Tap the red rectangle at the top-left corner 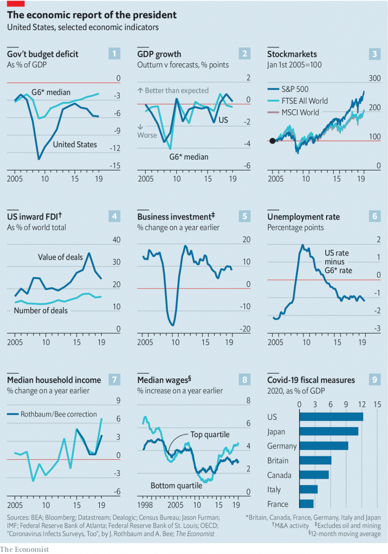pos(13,3)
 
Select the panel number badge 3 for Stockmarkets pos(374,54)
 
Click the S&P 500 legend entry pos(303,89)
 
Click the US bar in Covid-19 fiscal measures pos(331,417)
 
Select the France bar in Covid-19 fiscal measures pos(306,504)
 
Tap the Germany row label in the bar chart pos(282,446)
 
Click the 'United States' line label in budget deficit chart pos(75,144)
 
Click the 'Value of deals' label pos(60,257)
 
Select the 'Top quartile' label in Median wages pos(210,434)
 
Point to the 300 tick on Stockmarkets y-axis pos(375,79)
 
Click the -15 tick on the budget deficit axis pos(114,166)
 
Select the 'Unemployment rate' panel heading pos(303,217)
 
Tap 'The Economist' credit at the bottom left pos(25,549)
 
